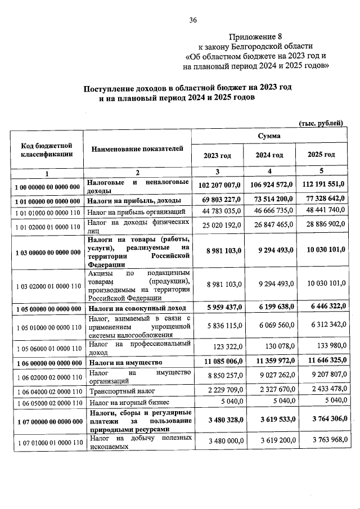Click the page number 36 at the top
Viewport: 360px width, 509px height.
click(x=193, y=21)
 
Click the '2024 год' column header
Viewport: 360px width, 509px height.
click(x=269, y=155)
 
